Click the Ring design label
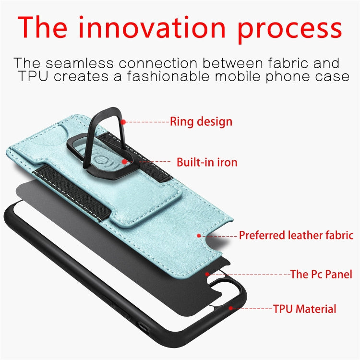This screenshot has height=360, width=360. (201, 121)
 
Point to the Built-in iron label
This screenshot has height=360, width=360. (207, 162)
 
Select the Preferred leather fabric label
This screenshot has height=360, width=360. (296, 235)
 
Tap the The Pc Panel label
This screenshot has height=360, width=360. (321, 275)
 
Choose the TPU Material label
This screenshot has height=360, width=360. (304, 309)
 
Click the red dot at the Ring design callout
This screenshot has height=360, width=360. (123, 122)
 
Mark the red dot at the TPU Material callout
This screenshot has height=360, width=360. (231, 308)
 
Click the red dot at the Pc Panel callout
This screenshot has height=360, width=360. (207, 274)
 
